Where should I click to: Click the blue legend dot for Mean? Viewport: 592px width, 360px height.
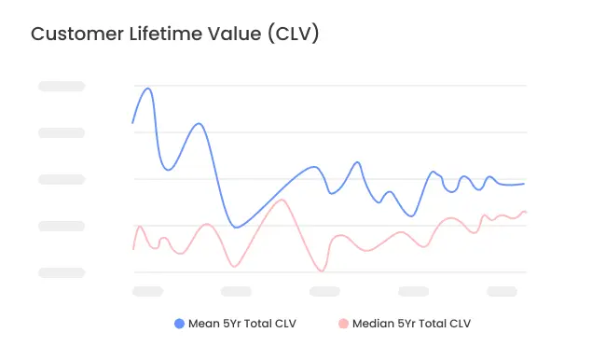tap(180, 324)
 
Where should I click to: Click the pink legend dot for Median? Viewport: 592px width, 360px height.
tap(343, 324)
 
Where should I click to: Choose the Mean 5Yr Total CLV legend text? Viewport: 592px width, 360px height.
tap(241, 324)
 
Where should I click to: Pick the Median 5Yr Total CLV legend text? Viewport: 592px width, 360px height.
tap(410, 324)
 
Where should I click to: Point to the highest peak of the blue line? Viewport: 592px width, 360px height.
tap(148, 89)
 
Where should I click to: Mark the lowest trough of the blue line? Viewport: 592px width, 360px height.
tap(236, 227)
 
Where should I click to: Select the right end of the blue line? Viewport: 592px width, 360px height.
tap(524, 183)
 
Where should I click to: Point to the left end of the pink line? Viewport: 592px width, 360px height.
tap(133, 249)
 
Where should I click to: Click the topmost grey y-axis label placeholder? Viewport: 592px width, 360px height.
tap(62, 86)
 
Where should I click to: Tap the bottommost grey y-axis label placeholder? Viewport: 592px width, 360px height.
tap(62, 272)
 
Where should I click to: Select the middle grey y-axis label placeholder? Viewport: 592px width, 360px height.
tap(62, 179)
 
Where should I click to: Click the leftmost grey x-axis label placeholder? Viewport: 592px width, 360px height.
tap(147, 291)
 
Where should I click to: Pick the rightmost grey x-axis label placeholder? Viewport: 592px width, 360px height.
tap(502, 291)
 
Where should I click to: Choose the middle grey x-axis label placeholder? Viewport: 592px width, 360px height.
tap(324, 291)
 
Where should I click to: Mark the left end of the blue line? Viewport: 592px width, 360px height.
tap(132, 123)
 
